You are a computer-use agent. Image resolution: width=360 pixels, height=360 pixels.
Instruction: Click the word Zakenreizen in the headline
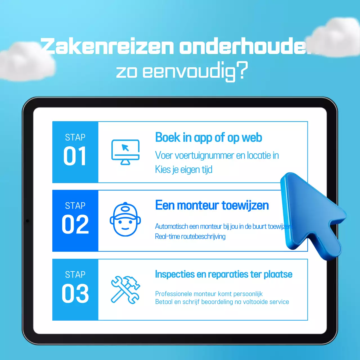point(107,46)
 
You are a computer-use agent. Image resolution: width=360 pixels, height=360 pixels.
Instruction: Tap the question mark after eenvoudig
point(242,70)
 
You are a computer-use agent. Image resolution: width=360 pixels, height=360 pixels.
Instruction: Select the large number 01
point(75,156)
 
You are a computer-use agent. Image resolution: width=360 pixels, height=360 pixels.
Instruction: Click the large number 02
point(75,224)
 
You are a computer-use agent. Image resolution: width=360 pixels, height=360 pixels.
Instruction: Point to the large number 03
point(75,293)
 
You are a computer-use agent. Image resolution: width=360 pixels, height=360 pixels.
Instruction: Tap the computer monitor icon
point(125,152)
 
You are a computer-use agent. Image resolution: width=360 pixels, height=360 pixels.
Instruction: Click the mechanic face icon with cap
point(125,219)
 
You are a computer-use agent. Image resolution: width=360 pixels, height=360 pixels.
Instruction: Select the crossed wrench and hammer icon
point(125,290)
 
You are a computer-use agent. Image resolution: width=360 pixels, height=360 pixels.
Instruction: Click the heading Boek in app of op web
point(208,138)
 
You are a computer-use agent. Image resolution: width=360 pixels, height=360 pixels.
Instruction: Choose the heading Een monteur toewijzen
point(212,205)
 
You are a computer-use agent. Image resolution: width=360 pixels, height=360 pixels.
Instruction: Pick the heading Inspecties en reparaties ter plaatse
point(224,274)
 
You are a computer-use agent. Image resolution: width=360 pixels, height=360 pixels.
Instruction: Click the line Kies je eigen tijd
point(184,170)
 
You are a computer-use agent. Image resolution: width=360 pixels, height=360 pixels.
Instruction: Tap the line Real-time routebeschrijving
point(190,237)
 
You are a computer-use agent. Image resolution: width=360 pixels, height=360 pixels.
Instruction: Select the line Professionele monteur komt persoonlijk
point(209,294)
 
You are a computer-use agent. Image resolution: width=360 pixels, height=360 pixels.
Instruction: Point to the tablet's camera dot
point(28,221)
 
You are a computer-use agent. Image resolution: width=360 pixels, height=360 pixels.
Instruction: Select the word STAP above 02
point(75,206)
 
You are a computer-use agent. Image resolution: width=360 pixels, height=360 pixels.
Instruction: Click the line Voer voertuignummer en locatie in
point(217,155)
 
